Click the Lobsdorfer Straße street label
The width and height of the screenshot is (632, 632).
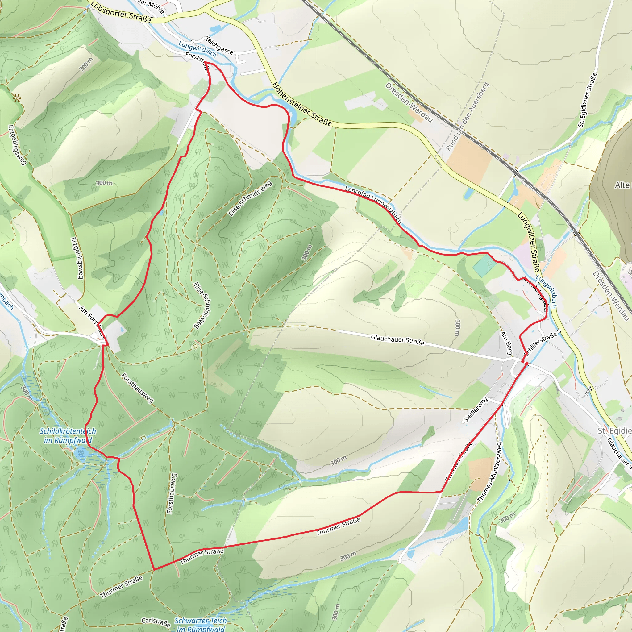point(121,12)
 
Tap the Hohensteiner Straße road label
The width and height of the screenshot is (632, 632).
point(301,104)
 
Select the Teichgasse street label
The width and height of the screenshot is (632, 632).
point(219,45)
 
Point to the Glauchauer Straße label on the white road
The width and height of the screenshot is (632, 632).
point(397,340)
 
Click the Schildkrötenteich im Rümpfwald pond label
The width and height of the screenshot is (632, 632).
point(68,436)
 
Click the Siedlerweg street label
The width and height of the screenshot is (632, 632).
point(476,410)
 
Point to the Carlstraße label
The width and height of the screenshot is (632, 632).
point(156,622)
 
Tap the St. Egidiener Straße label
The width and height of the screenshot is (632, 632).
point(588,100)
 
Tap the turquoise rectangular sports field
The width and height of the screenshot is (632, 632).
point(484,265)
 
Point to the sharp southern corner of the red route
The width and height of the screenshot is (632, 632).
point(154,570)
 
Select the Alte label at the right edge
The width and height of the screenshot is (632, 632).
point(622,185)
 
